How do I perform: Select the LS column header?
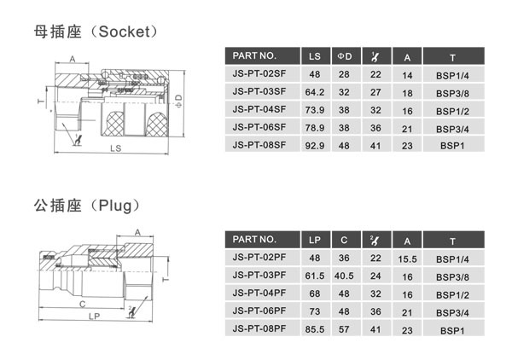click(x=314, y=57)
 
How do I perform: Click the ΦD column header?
click(x=345, y=57)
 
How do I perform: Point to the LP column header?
click(x=314, y=240)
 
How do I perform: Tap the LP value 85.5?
click(x=314, y=328)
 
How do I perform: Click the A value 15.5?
click(x=407, y=258)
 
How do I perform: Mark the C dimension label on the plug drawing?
click(x=82, y=302)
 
